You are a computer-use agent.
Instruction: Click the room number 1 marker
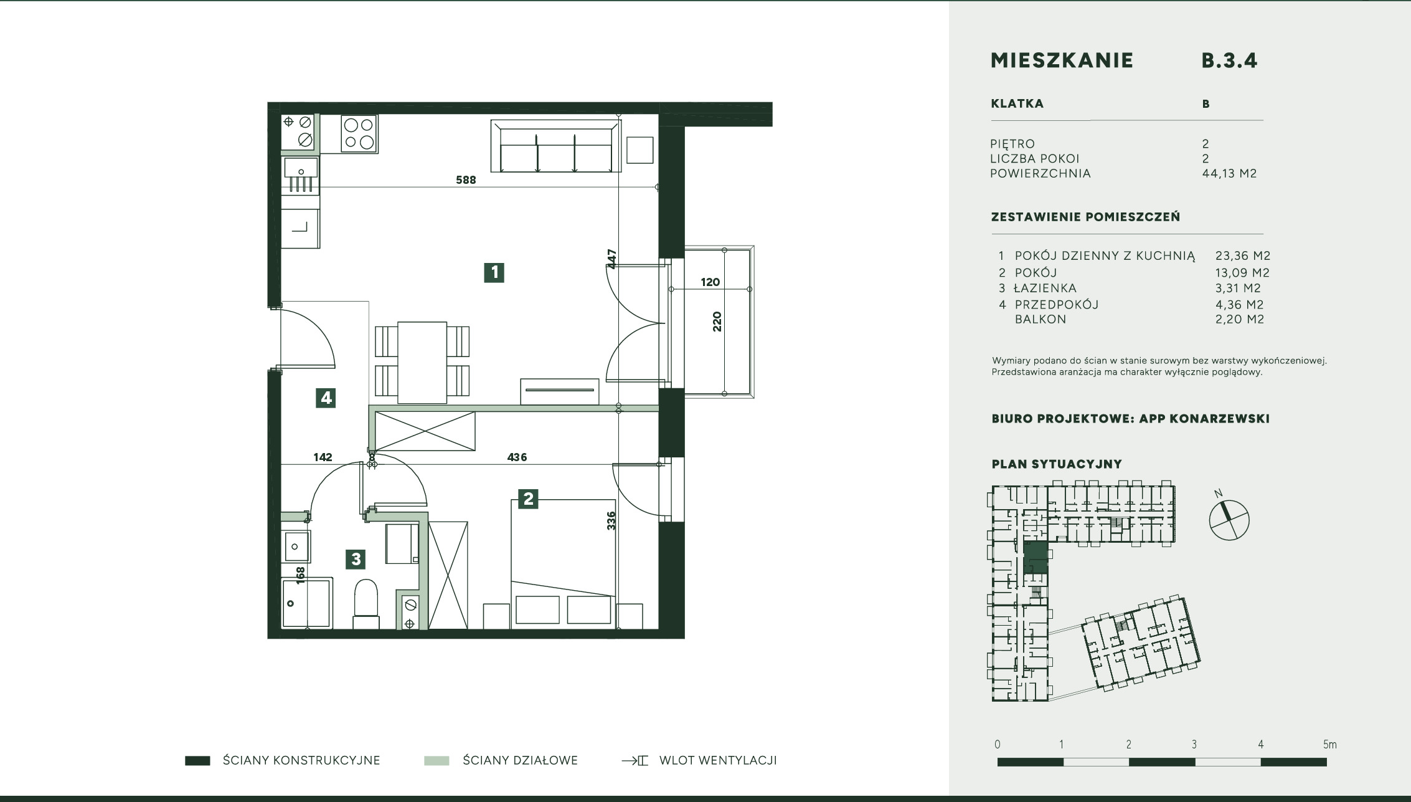pyautogui.click(x=494, y=272)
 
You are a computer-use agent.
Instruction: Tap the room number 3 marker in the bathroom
pyautogui.click(x=356, y=559)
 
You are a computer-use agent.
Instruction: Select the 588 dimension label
pyautogui.click(x=466, y=180)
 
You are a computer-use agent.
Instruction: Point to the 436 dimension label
pyautogui.click(x=517, y=457)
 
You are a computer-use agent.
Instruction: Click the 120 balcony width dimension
pyautogui.click(x=710, y=282)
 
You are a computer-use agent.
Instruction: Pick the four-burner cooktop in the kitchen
pyautogui.click(x=359, y=133)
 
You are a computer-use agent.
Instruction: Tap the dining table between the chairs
pyautogui.click(x=422, y=362)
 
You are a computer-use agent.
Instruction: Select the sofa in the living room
pyautogui.click(x=555, y=146)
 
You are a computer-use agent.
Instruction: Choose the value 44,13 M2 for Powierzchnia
pyautogui.click(x=1229, y=173)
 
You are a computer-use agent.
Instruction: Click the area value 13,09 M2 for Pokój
pyautogui.click(x=1242, y=272)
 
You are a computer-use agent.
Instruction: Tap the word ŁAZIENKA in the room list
pyautogui.click(x=1045, y=288)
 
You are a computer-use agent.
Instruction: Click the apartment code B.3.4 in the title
pyautogui.click(x=1229, y=60)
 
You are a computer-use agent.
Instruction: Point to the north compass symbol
pyautogui.click(x=1229, y=519)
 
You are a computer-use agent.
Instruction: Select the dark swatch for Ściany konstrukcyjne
pyautogui.click(x=197, y=760)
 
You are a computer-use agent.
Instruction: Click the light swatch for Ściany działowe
pyautogui.click(x=437, y=760)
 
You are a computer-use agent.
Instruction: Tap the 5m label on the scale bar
pyautogui.click(x=1329, y=745)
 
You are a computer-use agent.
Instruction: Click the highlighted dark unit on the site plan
pyautogui.click(x=1036, y=557)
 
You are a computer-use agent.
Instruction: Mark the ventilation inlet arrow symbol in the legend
pyautogui.click(x=635, y=760)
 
